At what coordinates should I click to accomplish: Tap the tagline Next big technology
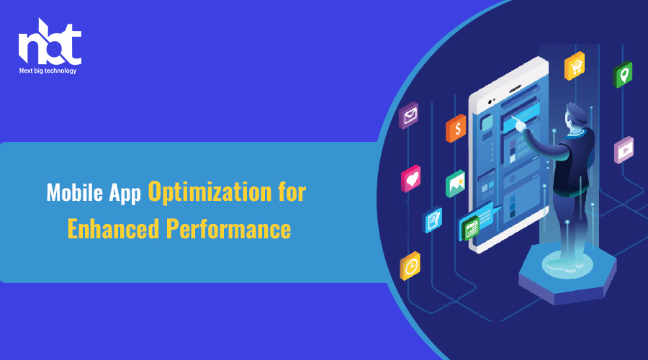click(48, 71)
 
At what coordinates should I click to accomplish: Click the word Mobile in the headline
click(75, 193)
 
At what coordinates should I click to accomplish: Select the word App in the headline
click(125, 194)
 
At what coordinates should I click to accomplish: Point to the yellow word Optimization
click(210, 192)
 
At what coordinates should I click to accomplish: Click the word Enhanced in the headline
click(113, 228)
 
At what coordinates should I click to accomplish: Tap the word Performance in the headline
click(228, 228)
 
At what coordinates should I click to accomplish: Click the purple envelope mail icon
click(409, 115)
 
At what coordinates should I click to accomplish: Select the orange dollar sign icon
click(456, 129)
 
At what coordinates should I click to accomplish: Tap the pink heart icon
click(411, 179)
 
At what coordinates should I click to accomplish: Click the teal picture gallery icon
click(456, 184)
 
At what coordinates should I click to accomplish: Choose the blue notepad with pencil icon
click(432, 220)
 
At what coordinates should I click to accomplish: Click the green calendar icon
click(470, 228)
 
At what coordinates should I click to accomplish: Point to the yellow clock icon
click(410, 266)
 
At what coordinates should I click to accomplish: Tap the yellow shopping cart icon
click(575, 66)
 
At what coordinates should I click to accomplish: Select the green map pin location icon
click(623, 74)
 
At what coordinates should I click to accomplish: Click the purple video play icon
click(624, 150)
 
